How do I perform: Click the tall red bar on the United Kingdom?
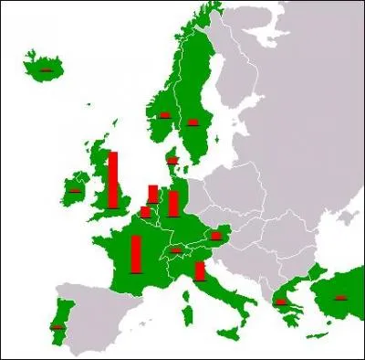click(113, 180)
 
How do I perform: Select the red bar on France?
click(136, 255)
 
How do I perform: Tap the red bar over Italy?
click(200, 270)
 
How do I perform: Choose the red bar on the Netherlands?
click(153, 194)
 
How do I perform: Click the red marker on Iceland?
click(44, 69)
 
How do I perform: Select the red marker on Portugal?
click(58, 326)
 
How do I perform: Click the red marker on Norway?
click(165, 115)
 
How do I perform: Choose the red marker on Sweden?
click(193, 122)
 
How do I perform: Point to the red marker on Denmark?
click(172, 161)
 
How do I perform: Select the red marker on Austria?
click(215, 236)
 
